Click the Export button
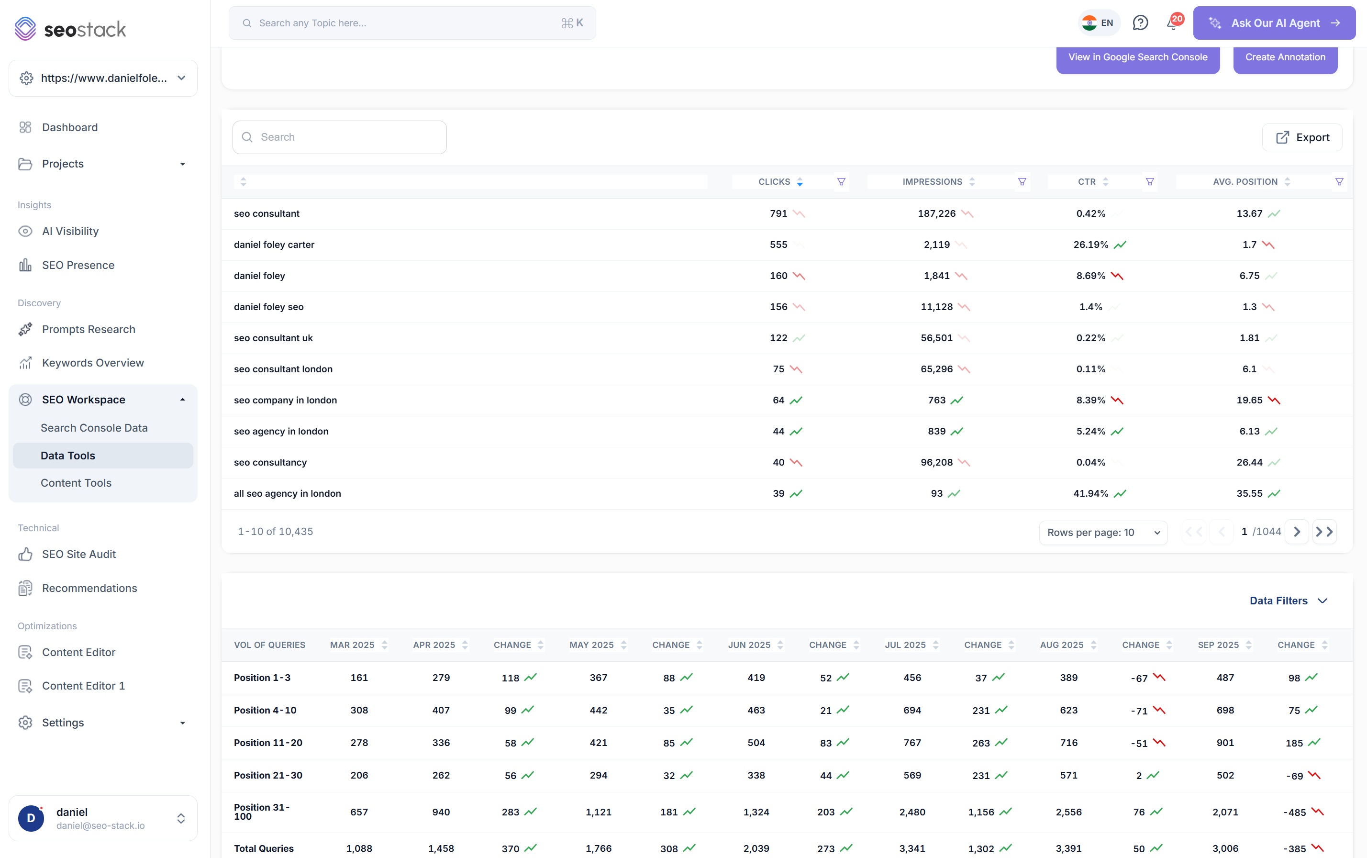[x=1302, y=137]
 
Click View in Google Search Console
[x=1138, y=57]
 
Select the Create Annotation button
[x=1285, y=57]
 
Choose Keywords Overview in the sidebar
[x=92, y=363]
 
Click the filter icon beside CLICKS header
[x=841, y=181]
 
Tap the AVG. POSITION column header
[x=1245, y=181]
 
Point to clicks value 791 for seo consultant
[x=778, y=214]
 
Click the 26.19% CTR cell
[x=1090, y=245]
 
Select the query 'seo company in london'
[x=285, y=401]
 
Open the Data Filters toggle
[x=1288, y=601]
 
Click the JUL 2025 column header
[x=905, y=645]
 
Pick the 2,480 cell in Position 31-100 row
[x=912, y=813]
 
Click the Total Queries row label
[x=264, y=849]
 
